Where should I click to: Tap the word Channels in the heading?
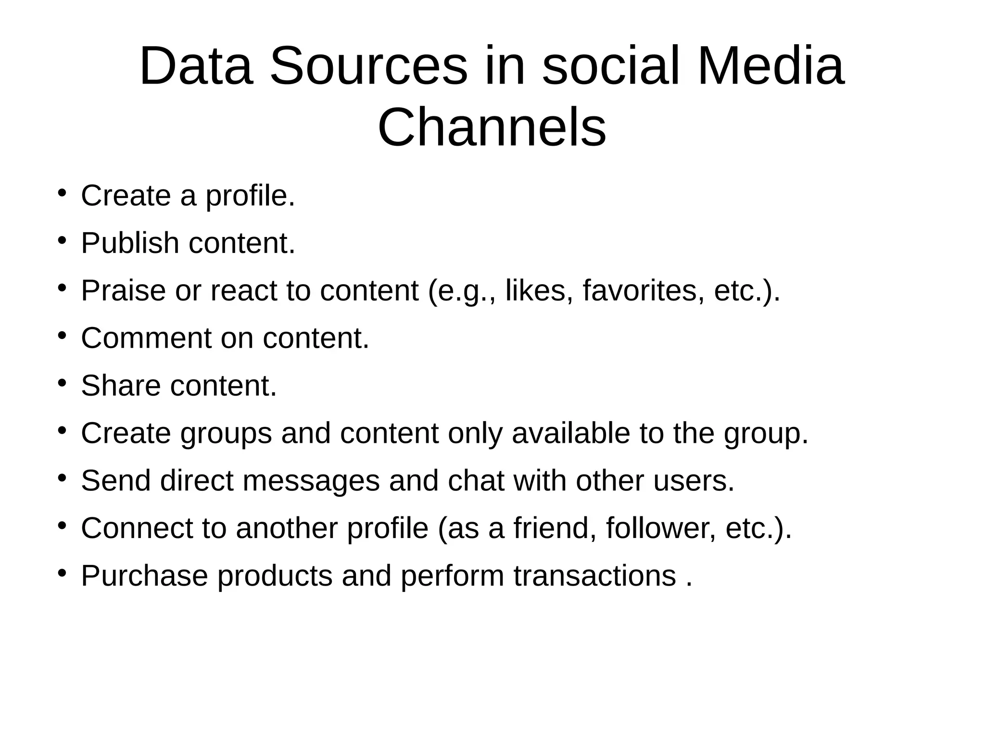point(492,128)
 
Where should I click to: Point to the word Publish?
point(130,243)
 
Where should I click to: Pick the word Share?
point(121,386)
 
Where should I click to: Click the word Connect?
point(137,528)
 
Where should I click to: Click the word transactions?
point(594,575)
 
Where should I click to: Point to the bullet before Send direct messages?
point(61,478)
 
